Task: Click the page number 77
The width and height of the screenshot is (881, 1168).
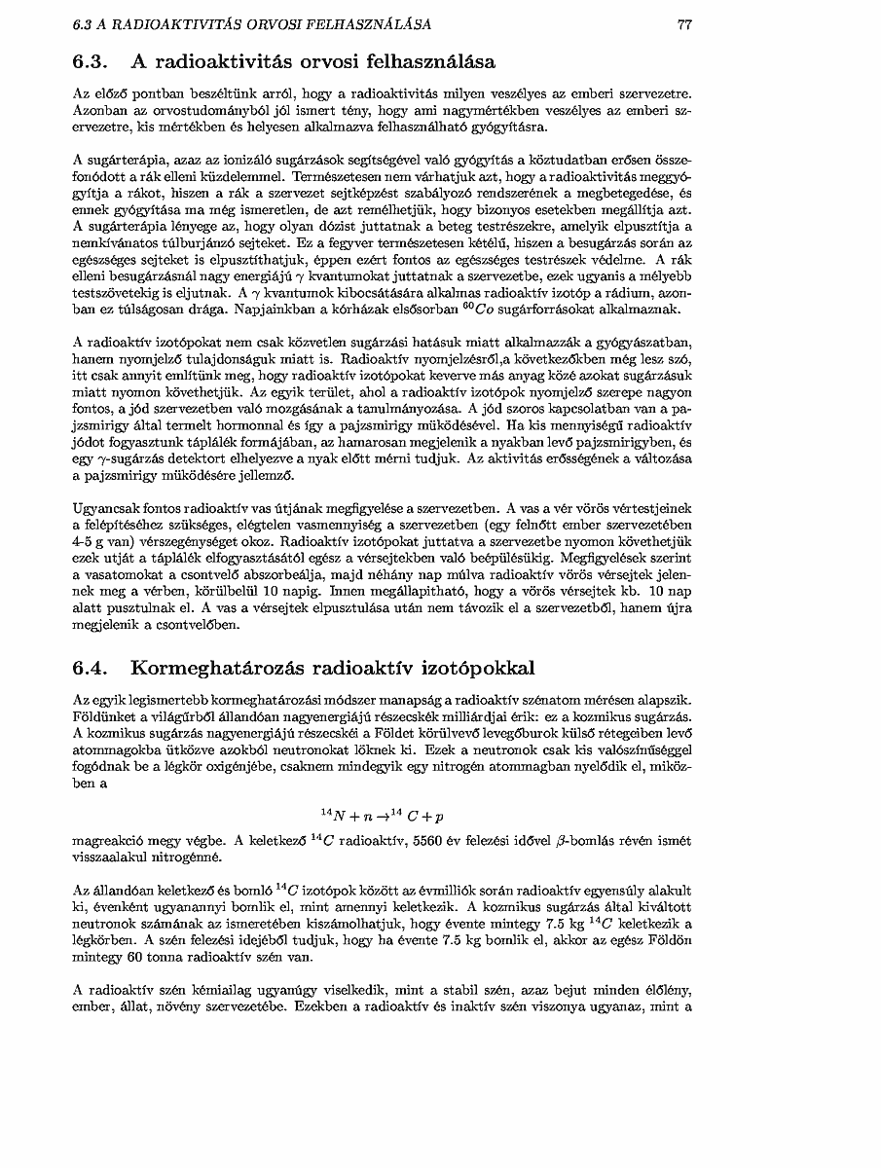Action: click(x=684, y=24)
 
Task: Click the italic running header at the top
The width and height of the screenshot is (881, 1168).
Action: click(x=252, y=24)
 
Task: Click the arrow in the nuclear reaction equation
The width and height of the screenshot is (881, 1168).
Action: click(x=385, y=814)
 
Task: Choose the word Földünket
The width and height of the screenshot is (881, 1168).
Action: click(x=105, y=715)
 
